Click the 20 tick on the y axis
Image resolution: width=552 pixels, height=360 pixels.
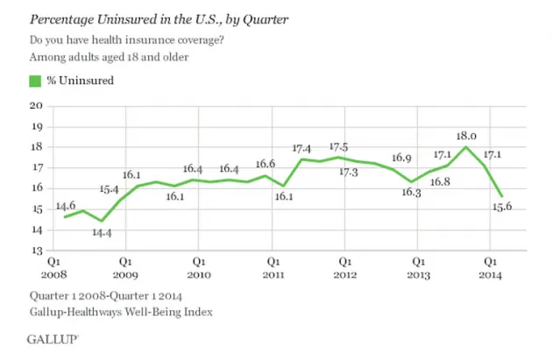(36, 105)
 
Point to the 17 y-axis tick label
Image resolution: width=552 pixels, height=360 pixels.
(36, 167)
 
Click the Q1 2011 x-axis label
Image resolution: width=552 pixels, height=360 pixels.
(272, 266)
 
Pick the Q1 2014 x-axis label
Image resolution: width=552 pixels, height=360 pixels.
(493, 266)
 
